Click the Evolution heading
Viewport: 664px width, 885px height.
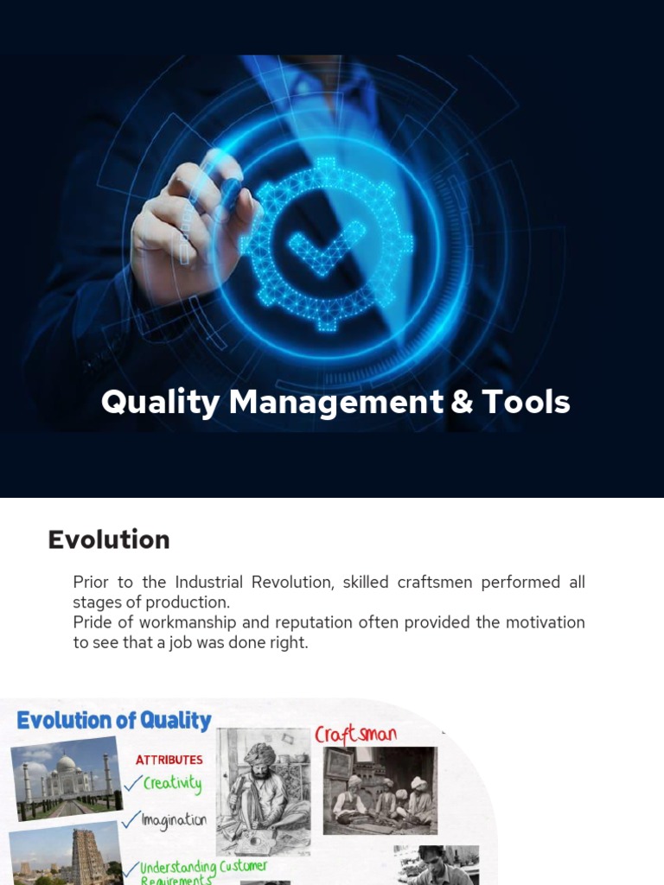pyautogui.click(x=109, y=539)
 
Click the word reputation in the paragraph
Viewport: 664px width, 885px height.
pyautogui.click(x=334, y=622)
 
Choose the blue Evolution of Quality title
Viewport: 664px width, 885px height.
pyautogui.click(x=114, y=720)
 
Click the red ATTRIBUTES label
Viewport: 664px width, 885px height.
pyautogui.click(x=169, y=760)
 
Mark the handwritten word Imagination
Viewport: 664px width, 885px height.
pyautogui.click(x=175, y=819)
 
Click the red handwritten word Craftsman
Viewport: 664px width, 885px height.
pyautogui.click(x=355, y=735)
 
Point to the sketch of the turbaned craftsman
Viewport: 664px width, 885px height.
pyautogui.click(x=263, y=780)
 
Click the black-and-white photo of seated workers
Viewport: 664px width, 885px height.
pyautogui.click(x=380, y=791)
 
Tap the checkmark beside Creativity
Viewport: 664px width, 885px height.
pyautogui.click(x=132, y=784)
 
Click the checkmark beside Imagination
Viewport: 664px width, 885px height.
pyautogui.click(x=132, y=818)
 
